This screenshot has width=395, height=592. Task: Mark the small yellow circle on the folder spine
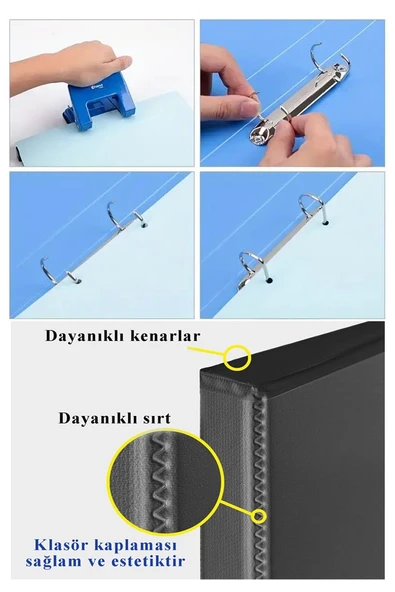click(260, 516)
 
